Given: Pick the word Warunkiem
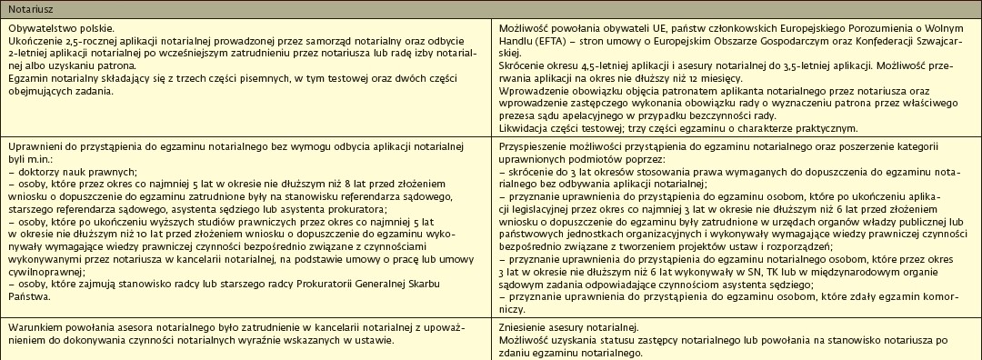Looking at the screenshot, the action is (x=34, y=328).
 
